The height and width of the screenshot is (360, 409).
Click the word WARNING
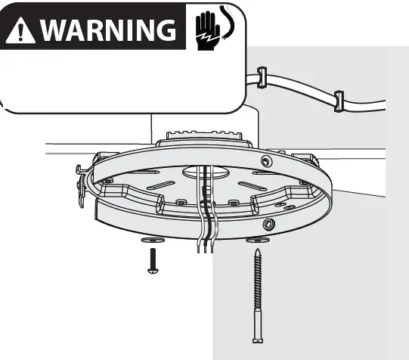[106, 29]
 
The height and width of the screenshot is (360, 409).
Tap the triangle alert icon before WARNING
[21, 29]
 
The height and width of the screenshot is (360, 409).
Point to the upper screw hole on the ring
[265, 162]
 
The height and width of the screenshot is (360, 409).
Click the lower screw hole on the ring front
[268, 225]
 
